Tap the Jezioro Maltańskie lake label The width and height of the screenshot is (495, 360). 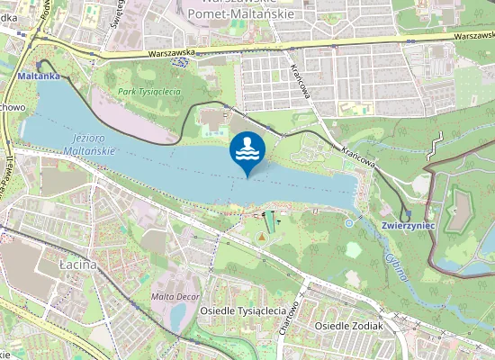click(90, 144)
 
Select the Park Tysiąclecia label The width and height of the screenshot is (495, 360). click(148, 92)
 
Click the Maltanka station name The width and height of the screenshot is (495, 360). click(39, 76)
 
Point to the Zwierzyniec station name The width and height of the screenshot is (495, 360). click(408, 225)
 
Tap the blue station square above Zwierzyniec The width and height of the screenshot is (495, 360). click(407, 214)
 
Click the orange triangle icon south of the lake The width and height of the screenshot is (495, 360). click(262, 237)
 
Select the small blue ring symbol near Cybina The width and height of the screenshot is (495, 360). click(348, 221)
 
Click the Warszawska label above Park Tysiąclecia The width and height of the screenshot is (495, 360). click(171, 53)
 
